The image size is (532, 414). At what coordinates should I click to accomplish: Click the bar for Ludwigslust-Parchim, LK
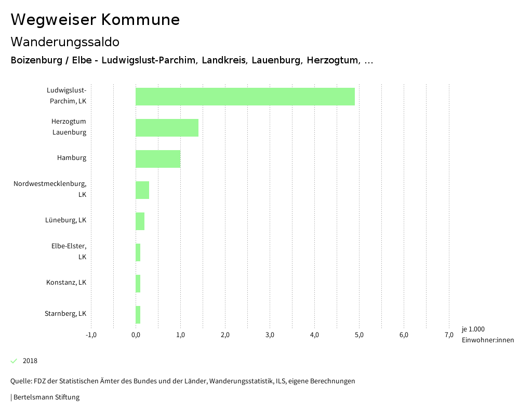pos(245,97)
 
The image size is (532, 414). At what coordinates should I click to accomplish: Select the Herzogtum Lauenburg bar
pos(167,128)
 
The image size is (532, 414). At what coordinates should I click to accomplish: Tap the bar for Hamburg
pos(158,159)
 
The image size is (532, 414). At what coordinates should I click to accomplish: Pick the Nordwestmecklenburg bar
pos(142,190)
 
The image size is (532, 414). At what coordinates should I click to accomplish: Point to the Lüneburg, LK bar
pos(140,221)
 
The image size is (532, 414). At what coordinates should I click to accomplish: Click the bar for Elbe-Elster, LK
pos(138,252)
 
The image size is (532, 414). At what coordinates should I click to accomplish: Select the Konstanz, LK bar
pos(138,284)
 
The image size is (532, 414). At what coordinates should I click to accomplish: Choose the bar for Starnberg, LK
pos(138,315)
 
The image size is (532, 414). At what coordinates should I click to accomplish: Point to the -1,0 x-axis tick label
pos(91,335)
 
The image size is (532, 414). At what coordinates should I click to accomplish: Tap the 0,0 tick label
pos(136,335)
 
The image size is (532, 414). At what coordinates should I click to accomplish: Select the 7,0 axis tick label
pos(449,335)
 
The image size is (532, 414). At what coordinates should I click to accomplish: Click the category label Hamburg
pos(72,158)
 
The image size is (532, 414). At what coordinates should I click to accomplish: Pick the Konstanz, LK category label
pos(66,283)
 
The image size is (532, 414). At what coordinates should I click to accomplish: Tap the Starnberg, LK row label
pos(65,314)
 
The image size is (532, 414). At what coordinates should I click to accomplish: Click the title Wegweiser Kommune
pos(95,20)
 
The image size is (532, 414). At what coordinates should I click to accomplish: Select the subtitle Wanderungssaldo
pos(65,42)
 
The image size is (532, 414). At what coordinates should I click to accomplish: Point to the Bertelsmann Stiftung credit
pos(46,397)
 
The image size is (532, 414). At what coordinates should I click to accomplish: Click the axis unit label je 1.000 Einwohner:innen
pos(487,335)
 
